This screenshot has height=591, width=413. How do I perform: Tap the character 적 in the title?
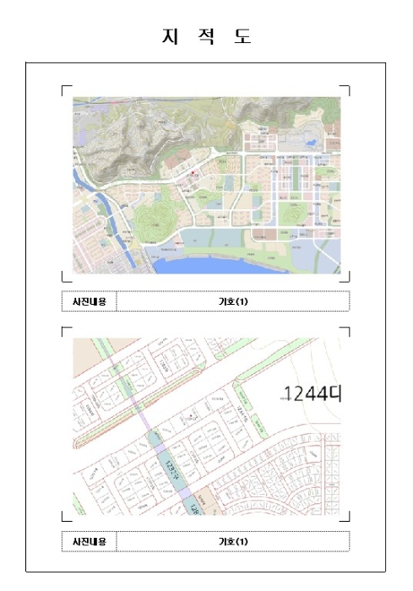tap(206, 37)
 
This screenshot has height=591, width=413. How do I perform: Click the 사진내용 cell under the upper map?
tap(89, 301)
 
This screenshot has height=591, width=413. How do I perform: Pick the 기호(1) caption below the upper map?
tap(232, 301)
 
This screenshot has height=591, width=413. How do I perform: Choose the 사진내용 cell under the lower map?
tap(89, 541)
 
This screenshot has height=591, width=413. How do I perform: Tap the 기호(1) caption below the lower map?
tap(232, 541)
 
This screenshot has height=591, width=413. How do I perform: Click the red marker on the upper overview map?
tap(193, 173)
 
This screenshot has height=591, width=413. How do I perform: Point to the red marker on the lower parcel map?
tap(193, 416)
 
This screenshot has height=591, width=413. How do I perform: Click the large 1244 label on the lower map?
tap(308, 393)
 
